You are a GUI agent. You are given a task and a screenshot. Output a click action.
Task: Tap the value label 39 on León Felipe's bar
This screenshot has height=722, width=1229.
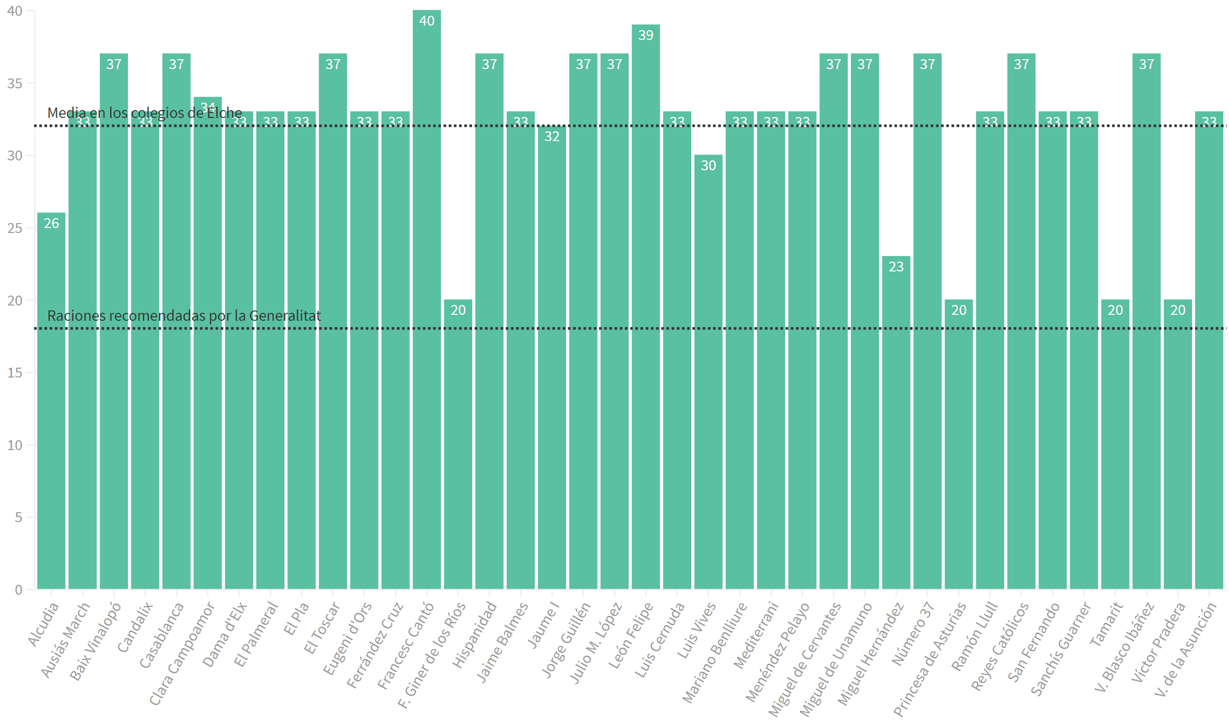point(646,35)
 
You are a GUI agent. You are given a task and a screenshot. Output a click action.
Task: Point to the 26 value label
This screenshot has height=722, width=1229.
point(51,223)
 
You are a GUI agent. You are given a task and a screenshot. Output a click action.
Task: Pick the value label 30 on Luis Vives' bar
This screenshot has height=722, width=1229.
point(708,165)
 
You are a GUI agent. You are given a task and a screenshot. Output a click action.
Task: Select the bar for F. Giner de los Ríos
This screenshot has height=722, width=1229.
point(458,444)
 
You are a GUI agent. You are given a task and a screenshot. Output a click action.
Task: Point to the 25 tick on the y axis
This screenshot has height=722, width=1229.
point(15,228)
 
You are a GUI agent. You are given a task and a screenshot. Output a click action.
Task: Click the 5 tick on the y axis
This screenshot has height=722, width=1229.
point(18,517)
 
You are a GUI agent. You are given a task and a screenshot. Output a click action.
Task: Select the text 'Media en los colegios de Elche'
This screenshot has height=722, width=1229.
point(145,113)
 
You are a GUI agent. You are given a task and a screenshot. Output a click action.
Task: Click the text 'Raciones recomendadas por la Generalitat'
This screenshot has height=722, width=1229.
point(184,316)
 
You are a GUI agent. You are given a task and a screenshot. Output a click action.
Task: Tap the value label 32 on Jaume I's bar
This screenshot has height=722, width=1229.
point(552,136)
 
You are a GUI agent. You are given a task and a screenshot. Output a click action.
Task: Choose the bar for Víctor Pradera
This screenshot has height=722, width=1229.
point(1178,444)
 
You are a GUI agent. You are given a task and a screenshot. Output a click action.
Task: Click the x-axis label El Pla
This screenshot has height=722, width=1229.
point(296,619)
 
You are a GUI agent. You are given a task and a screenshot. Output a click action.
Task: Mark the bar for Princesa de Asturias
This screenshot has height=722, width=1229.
point(958,444)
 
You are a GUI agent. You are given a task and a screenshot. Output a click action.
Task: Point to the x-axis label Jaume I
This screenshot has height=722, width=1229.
point(544,625)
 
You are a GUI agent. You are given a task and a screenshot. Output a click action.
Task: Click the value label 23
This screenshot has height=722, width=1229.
point(896,266)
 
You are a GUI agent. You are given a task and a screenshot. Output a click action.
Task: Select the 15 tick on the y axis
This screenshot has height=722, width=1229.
point(15,373)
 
